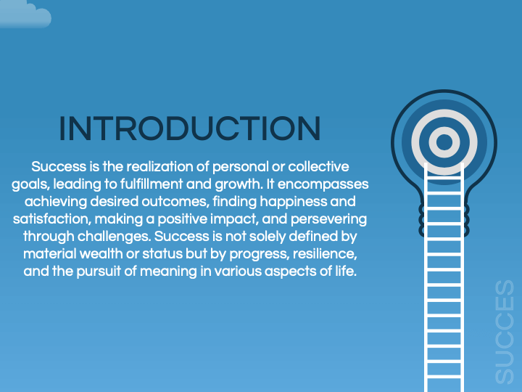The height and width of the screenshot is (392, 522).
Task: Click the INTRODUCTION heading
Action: [x=189, y=129]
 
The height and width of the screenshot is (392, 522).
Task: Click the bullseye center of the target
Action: [x=445, y=141]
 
